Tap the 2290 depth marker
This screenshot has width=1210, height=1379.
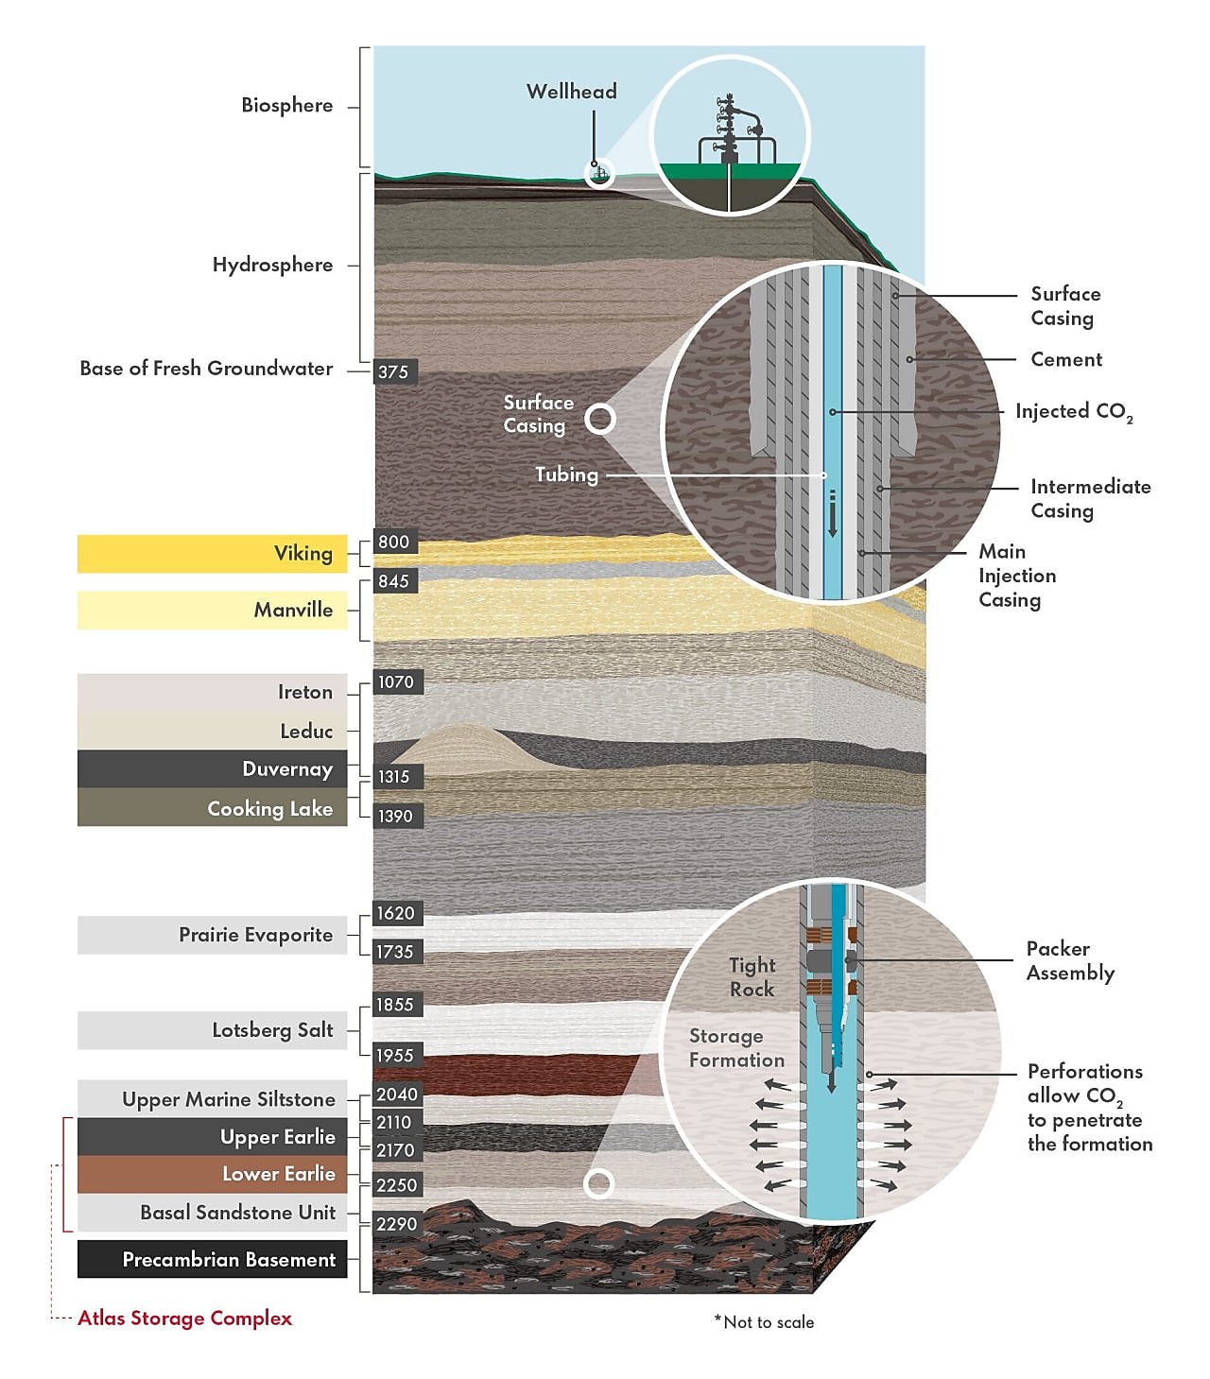(396, 1223)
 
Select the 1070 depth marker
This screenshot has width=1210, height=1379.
(398, 682)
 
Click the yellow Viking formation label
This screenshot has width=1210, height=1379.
(212, 553)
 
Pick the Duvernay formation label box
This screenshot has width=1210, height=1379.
(212, 768)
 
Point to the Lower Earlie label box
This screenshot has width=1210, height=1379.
(212, 1174)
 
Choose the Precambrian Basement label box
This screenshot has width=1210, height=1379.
(212, 1259)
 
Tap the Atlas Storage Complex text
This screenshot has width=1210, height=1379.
(184, 1318)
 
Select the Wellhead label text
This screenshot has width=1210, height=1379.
(571, 91)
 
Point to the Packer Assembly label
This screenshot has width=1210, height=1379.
(1070, 960)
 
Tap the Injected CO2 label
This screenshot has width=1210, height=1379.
(1074, 412)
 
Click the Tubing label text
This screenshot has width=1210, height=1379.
(566, 474)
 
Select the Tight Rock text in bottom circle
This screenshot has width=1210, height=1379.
(752, 976)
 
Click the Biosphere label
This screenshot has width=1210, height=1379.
(286, 106)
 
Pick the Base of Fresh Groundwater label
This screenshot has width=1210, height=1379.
(206, 369)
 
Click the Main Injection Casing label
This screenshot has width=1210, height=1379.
(1017, 576)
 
